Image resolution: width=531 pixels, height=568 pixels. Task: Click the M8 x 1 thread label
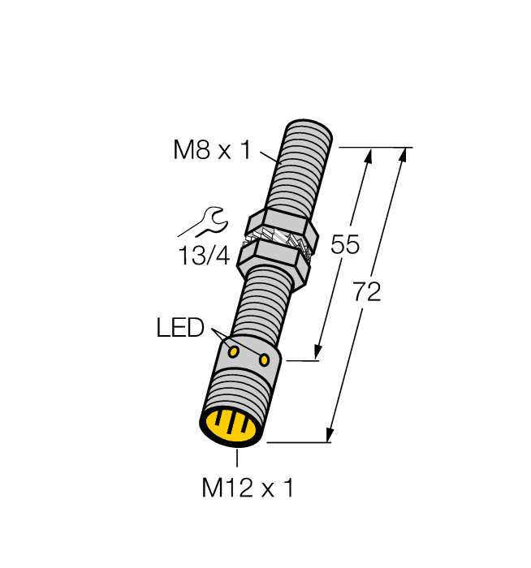pos(212,150)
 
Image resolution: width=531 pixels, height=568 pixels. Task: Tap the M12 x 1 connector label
pos(247,488)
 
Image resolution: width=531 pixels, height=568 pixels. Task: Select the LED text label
pos(179,328)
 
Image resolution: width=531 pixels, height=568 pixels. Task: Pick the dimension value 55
pos(345,244)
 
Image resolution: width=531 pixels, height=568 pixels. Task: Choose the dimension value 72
pos(367,292)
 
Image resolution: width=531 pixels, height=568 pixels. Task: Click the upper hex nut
pos(279,222)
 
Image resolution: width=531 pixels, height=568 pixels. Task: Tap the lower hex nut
pos(273,259)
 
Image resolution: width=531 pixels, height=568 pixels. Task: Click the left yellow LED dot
pos(233,351)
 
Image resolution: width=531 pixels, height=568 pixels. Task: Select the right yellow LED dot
pos(264,359)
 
